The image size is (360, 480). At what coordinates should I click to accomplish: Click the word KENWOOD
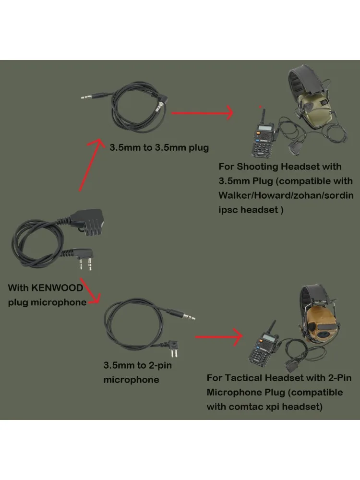click(58, 288)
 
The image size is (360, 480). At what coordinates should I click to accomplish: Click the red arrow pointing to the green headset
click(202, 113)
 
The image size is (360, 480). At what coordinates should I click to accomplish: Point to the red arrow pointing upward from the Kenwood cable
click(90, 165)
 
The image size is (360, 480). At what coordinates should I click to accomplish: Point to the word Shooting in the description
click(258, 167)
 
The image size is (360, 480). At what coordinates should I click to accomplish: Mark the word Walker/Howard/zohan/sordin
click(286, 195)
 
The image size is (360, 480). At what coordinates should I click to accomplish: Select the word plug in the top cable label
click(198, 148)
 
